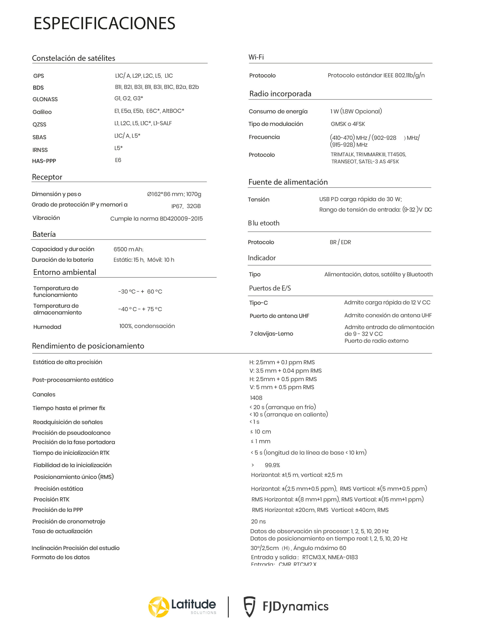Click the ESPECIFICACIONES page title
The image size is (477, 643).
coord(104,23)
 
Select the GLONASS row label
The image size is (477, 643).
coord(45,99)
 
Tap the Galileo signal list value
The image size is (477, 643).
coord(149,111)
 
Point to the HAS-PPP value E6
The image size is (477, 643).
coord(118,160)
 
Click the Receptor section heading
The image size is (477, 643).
coord(47,177)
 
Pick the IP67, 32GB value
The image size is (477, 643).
coord(186,206)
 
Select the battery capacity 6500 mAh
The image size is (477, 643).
coord(128,249)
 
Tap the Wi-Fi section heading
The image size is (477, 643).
coord(256,57)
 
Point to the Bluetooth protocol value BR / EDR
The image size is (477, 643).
coord(340,242)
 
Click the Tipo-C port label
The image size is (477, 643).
coord(258,303)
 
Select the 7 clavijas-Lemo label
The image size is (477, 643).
coord(271,334)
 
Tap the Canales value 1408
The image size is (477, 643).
coord(256,398)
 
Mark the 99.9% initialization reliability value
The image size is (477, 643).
coord(272,465)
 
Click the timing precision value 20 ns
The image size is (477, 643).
coord(258,522)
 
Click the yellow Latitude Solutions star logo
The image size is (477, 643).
coord(158,607)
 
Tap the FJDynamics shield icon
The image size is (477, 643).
coord(250,607)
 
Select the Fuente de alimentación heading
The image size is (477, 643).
coord(288,182)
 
